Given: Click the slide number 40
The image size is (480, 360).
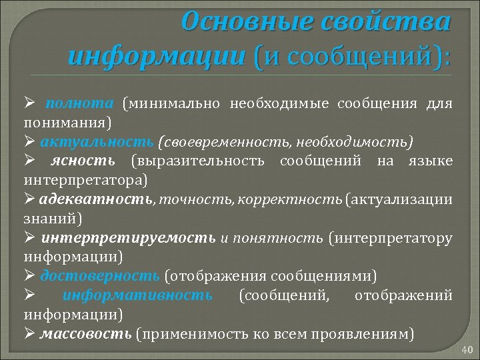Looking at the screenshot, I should click(x=466, y=349).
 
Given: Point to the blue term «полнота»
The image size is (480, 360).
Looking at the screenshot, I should click(x=79, y=103).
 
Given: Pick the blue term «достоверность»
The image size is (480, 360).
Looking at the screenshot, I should click(x=99, y=275).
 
